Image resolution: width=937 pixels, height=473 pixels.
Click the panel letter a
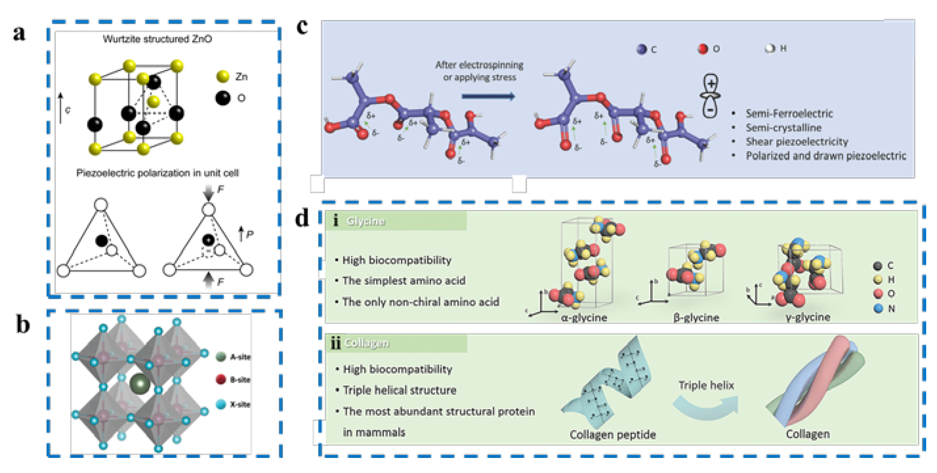point(19,33)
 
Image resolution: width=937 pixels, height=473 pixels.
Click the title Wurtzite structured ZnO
point(157,39)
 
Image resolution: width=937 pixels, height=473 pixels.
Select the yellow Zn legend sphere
point(223,77)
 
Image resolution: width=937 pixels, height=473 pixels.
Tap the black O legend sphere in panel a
point(223,98)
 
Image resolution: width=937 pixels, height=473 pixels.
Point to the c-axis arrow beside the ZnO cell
point(61,108)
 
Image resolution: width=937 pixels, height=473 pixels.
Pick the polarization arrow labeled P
point(241,234)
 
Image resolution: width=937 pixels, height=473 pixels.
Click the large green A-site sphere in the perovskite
point(140,383)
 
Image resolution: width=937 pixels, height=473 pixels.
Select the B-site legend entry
point(233,380)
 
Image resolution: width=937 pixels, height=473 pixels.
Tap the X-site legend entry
point(233,404)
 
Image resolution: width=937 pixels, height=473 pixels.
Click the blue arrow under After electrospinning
point(488,96)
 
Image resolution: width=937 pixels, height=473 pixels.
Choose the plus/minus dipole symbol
point(710,96)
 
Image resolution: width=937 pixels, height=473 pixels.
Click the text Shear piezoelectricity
point(797,141)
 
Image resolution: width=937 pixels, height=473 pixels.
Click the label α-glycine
point(584,318)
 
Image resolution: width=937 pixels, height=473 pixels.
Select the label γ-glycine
point(807,317)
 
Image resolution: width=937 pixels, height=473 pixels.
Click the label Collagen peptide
point(612,435)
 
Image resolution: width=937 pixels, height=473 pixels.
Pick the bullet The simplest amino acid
point(404,281)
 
